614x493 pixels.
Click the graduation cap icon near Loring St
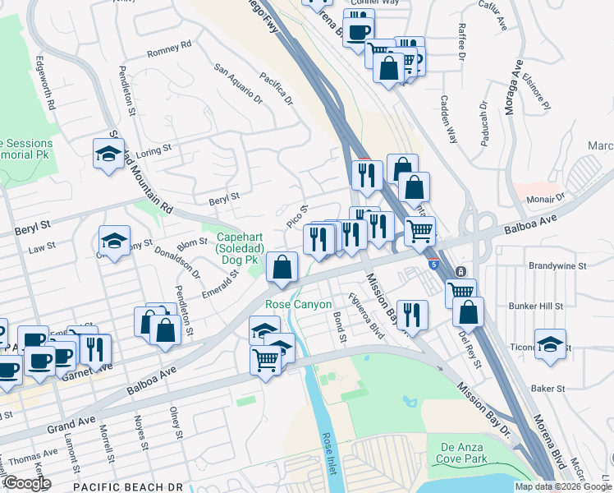[x=108, y=154]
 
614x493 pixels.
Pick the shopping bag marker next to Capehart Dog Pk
[x=282, y=267]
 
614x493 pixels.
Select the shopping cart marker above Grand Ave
[x=266, y=360]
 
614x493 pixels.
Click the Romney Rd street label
[x=168, y=48]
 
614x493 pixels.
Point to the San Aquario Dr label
[x=237, y=87]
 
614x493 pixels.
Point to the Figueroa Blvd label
[x=366, y=316]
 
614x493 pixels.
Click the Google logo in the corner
[x=27, y=483]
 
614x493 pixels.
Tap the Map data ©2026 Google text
[x=562, y=486]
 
